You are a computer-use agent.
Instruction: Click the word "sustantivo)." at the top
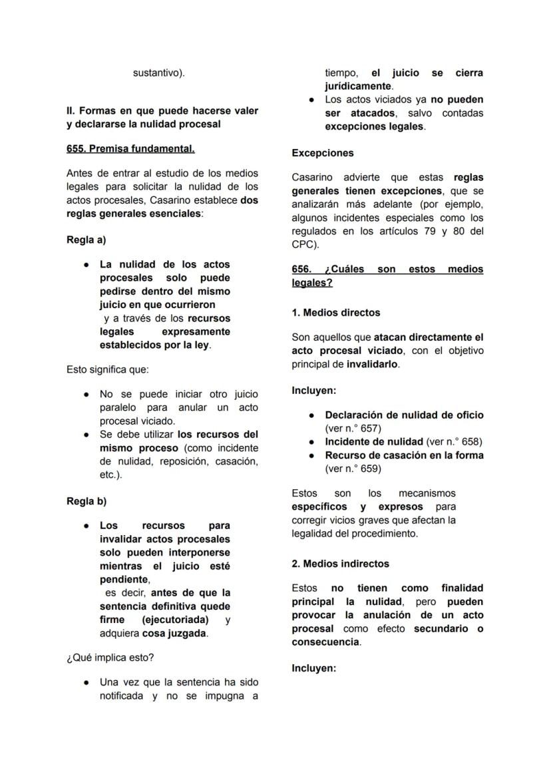coord(158,73)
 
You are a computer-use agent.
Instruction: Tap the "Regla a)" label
coord(86,240)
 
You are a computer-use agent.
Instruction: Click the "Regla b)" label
coord(86,501)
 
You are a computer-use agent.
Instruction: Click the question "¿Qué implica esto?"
coord(110,658)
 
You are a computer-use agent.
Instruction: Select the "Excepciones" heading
coord(323,153)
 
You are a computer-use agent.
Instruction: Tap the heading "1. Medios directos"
coord(336,312)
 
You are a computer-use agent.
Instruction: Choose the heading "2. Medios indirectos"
coord(340,564)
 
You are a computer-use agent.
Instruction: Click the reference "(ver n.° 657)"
coord(353,429)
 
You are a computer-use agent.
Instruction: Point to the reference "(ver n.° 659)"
coord(353,469)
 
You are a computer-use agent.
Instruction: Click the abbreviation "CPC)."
coord(305,244)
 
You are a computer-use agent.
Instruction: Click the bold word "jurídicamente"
coord(358,86)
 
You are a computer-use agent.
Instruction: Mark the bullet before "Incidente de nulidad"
coord(311,442)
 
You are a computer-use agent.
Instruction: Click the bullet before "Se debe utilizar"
coord(87,435)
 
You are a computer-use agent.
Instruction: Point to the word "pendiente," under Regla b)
coord(124,580)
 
